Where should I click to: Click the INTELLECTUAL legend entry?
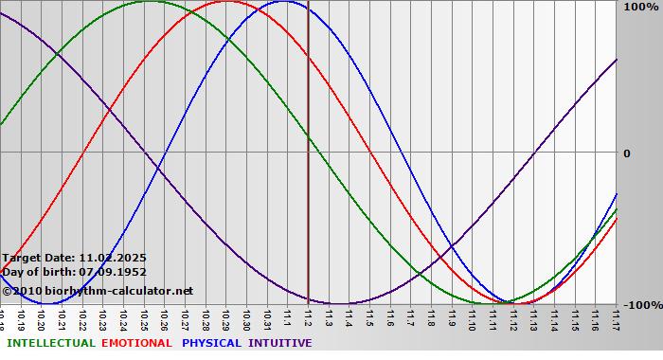[51, 343]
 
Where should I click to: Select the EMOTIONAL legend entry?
[136, 343]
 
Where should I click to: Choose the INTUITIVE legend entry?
[279, 343]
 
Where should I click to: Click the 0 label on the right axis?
[626, 153]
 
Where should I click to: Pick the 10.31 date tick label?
[267, 317]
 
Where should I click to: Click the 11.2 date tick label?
[309, 317]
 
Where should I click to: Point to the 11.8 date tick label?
[431, 317]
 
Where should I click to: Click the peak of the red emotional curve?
[226, 1]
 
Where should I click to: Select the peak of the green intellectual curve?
[151, 1]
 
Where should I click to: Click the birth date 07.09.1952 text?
[106, 272]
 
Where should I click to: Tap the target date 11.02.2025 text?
[113, 258]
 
